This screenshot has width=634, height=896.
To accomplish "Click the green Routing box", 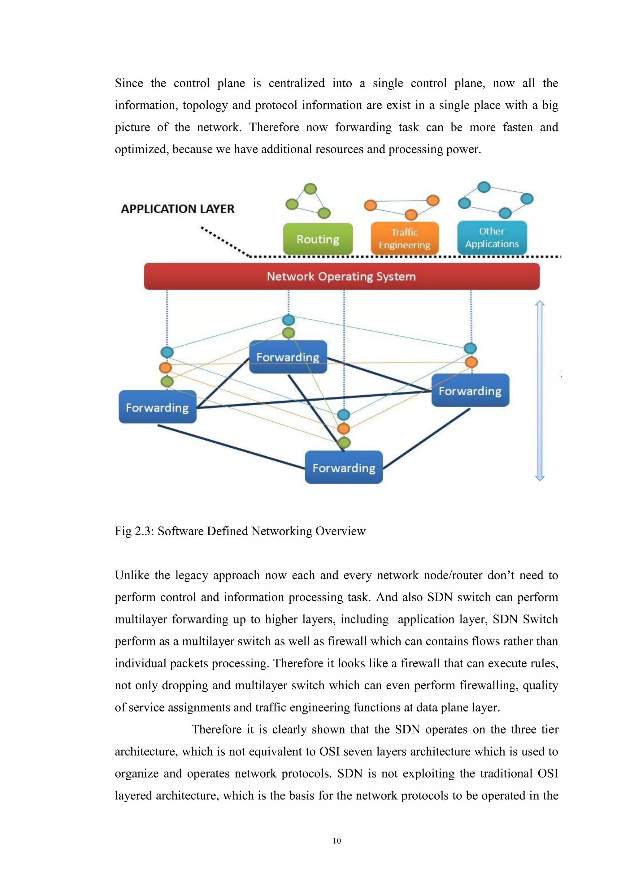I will coord(318,239).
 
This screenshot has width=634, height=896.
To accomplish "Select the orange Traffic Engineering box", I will coord(404,239).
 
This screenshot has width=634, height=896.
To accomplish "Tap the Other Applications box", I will coord(492,238).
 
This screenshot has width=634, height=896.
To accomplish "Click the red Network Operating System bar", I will coord(341,276).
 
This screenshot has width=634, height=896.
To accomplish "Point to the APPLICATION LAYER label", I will coord(178,209).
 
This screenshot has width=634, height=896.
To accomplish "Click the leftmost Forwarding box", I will coord(157,407).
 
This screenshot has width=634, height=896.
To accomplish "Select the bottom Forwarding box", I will coord(344,467).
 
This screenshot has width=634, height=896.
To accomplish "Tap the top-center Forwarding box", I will coord(288,357).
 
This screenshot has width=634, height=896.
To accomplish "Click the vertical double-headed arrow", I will coord(540,390).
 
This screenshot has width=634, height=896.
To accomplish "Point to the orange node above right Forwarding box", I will coord(471,362).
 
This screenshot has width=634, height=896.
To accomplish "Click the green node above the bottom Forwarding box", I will coord(344,442).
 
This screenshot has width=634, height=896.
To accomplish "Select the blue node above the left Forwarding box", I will coord(167,352).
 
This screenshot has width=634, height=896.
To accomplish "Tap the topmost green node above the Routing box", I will coord(310,188).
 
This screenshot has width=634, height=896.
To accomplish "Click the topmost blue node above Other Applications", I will coord(484,187).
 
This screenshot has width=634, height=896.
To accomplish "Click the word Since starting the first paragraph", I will coord(129,83).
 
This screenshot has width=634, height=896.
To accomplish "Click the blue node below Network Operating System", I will coord(289,320).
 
